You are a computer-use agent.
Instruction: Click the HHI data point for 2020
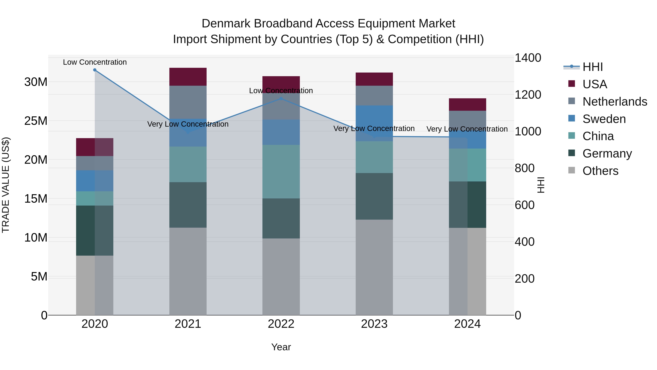[95, 70]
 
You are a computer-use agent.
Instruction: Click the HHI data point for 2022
[281, 98]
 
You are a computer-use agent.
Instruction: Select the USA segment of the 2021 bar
[188, 77]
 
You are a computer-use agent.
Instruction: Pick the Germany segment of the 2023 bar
[374, 196]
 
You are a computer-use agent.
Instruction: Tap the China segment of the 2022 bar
[281, 172]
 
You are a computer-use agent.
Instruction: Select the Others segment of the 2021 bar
[188, 271]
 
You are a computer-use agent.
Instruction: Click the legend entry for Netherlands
[615, 102]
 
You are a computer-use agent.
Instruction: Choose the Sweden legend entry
[604, 119]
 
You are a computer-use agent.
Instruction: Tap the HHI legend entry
[592, 67]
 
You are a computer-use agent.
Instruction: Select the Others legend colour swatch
[572, 170]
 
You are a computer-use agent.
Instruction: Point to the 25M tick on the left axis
[36, 121]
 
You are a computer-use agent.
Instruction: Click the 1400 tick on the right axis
[527, 58]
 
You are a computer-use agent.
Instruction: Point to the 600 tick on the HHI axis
[524, 205]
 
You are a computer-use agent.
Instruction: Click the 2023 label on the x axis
[374, 324]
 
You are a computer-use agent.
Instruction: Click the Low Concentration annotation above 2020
[95, 62]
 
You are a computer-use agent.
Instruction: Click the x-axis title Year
[281, 347]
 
